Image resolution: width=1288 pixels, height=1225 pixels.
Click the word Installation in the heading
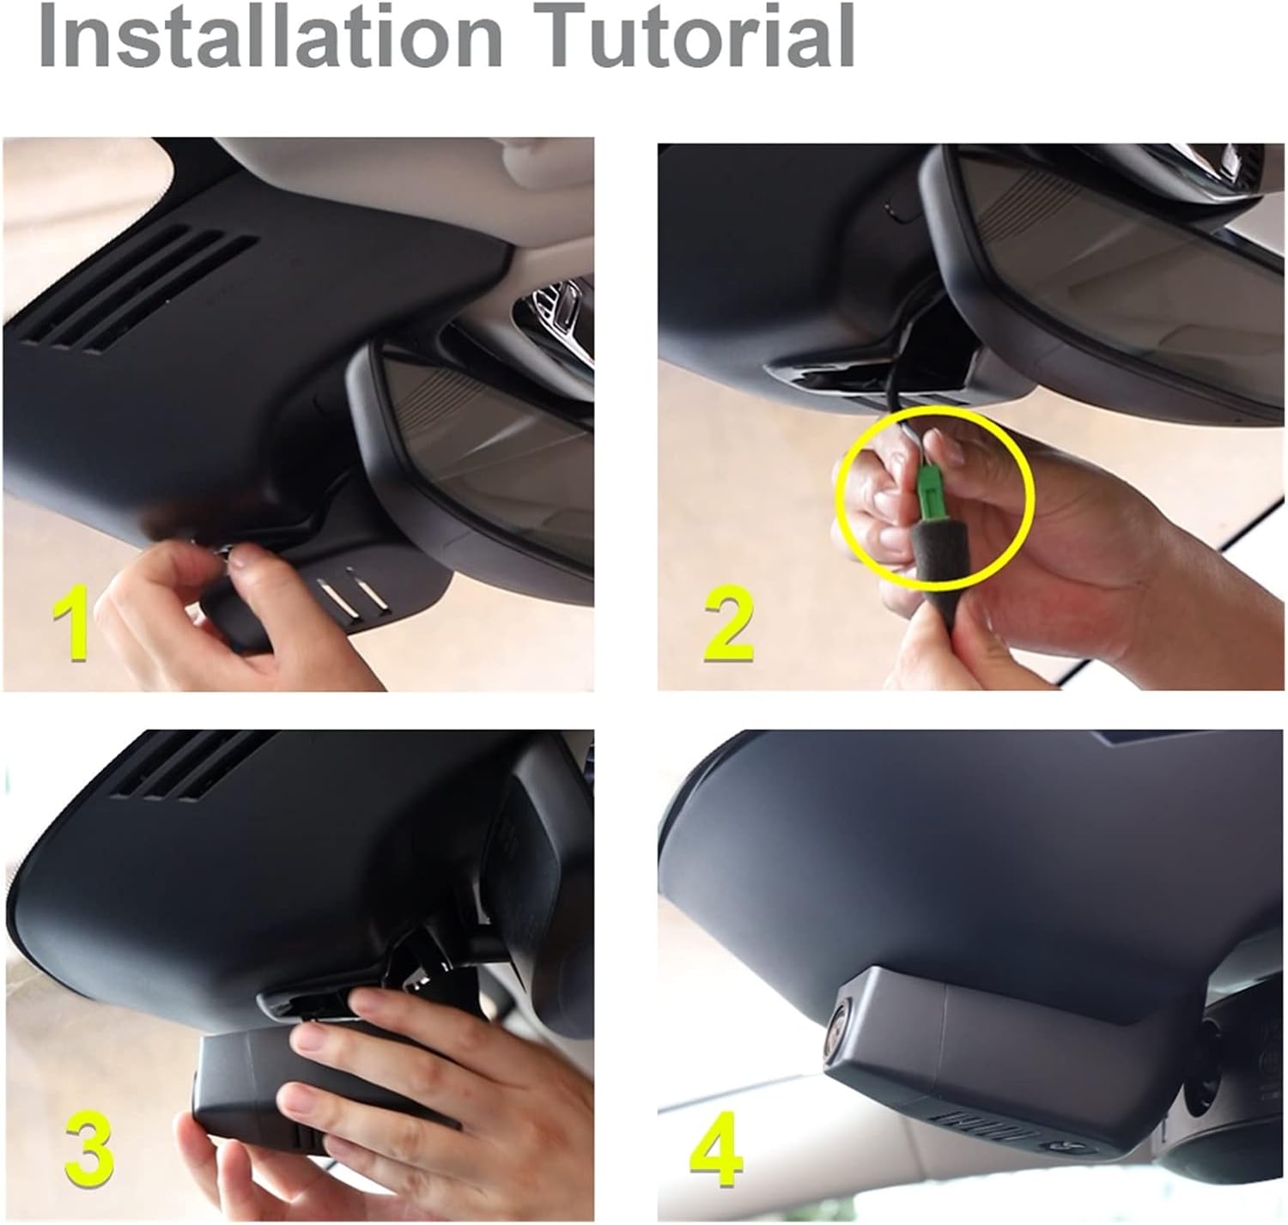coord(266,36)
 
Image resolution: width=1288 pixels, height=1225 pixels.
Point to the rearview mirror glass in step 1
coord(489,429)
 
